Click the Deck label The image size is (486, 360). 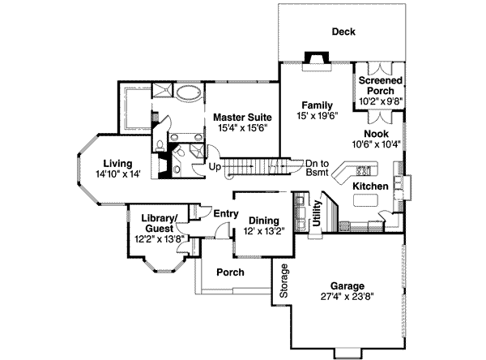343,32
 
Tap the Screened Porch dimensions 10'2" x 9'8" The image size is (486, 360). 380,101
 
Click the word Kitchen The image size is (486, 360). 370,186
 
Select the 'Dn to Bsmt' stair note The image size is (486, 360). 318,167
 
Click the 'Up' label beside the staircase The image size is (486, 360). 215,167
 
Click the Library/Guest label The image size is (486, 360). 160,223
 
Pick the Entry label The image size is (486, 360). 224,213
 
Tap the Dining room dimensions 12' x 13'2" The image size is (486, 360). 263,231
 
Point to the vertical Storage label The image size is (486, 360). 283,281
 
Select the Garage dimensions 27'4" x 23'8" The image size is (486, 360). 346,297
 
